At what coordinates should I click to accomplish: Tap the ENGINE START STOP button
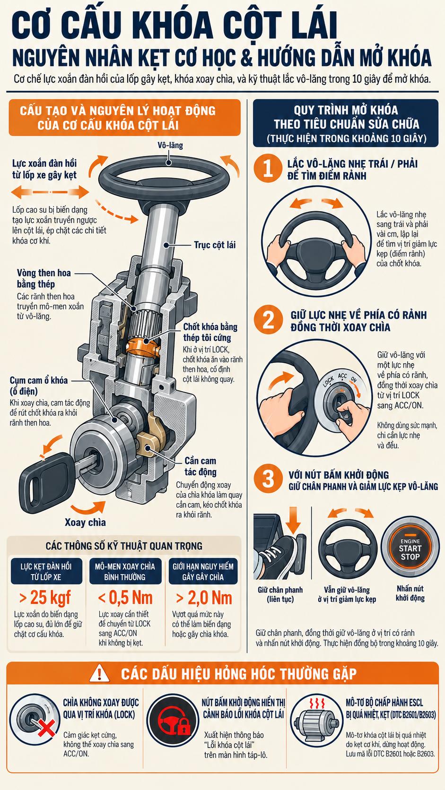pos(410,549)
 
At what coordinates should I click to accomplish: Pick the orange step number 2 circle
pos(268,319)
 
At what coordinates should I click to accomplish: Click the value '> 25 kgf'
pos(45,597)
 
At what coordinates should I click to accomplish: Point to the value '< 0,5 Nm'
pos(125,597)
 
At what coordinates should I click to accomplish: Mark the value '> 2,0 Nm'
pos(204,597)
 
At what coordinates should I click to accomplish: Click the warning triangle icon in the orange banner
pos(99,673)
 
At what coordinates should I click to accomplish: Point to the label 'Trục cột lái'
pos(215,245)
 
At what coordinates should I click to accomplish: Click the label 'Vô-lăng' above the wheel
pos(170,146)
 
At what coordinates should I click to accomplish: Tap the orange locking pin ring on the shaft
pos(143,346)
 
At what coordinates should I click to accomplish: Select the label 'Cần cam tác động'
pos(201,466)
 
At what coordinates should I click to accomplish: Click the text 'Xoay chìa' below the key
pos(85,522)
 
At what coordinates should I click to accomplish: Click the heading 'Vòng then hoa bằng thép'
pos(44,278)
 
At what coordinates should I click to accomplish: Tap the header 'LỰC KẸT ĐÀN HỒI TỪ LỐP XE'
pos(46,572)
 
